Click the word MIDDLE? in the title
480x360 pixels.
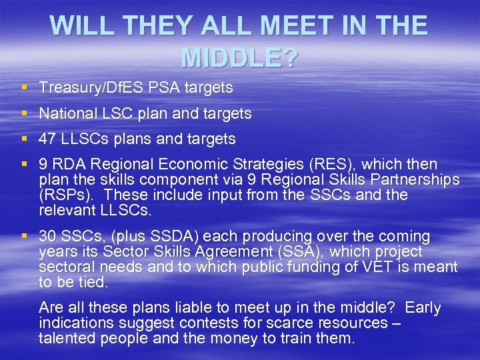click(x=239, y=58)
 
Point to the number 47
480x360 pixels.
click(x=47, y=139)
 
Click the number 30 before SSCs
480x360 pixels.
click(x=48, y=237)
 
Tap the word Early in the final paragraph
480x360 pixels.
click(x=423, y=307)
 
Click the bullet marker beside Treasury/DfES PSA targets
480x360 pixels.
click(x=25, y=87)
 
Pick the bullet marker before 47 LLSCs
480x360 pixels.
click(x=25, y=139)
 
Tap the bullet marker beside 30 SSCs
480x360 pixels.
click(x=25, y=237)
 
